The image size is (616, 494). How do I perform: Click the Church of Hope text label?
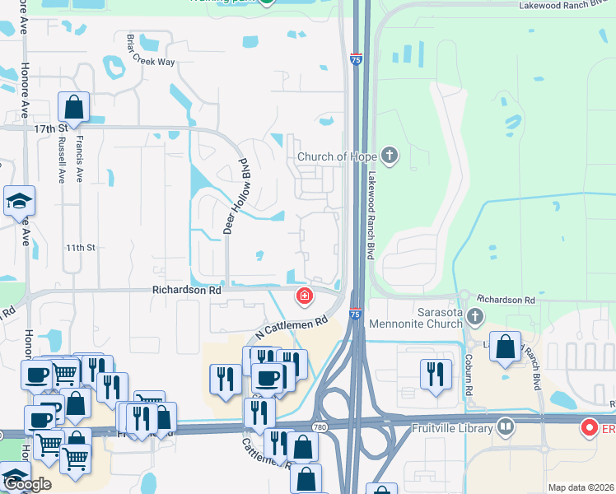(x=337, y=156)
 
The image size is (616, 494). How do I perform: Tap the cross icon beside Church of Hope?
(x=390, y=156)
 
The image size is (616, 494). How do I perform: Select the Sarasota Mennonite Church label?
(x=416, y=317)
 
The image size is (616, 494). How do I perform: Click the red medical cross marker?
(x=305, y=296)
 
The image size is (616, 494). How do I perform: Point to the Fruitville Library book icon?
(x=506, y=427)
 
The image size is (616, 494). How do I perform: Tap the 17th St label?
(x=49, y=129)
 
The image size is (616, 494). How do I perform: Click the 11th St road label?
(x=82, y=247)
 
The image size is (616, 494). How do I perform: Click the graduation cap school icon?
(x=19, y=201)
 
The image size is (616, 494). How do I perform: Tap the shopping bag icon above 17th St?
(x=73, y=107)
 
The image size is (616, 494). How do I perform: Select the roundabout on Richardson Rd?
(x=464, y=296)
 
